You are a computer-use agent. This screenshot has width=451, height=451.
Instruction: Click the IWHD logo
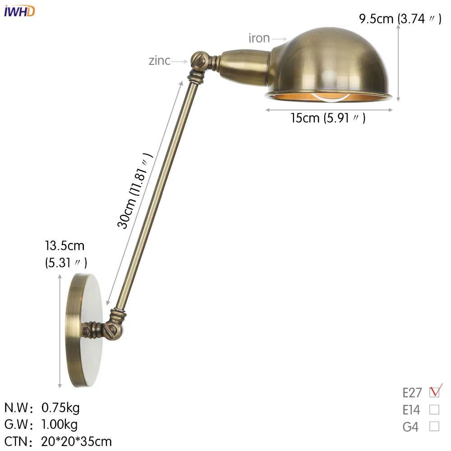[19, 11]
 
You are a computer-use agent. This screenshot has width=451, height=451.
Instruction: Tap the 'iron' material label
[259, 38]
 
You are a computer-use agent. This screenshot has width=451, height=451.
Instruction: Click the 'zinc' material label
[160, 60]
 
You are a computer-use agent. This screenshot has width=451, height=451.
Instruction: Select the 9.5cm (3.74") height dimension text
[400, 19]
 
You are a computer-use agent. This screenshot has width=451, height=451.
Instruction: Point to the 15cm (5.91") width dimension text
[328, 118]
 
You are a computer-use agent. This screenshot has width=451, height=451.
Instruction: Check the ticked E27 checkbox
[434, 391]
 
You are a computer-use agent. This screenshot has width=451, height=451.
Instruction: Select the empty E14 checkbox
[434, 410]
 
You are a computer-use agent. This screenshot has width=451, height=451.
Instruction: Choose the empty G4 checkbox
[434, 426]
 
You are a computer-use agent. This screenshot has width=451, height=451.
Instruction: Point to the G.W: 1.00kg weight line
[41, 424]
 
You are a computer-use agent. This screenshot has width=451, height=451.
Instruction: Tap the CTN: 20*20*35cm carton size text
[58, 441]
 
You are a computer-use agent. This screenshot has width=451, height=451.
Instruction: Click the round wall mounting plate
[83, 329]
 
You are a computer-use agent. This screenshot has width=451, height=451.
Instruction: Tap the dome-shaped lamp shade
[329, 61]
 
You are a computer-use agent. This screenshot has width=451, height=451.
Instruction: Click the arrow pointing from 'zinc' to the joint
[179, 61]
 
